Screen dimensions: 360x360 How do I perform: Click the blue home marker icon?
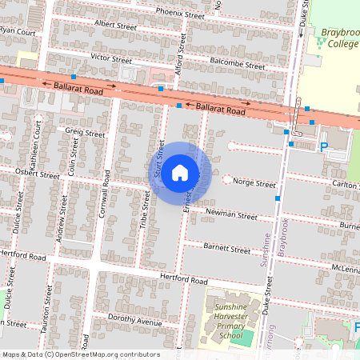pos(180,173)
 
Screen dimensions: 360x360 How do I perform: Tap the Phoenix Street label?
pos(180,14)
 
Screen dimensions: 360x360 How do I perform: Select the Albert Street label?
pos(117,25)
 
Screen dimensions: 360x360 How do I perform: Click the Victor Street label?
pos(110,59)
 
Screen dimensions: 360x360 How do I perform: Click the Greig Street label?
pos(85,133)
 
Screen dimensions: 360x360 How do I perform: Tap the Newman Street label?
pos(231,215)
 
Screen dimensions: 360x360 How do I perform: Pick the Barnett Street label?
pos(226,249)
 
